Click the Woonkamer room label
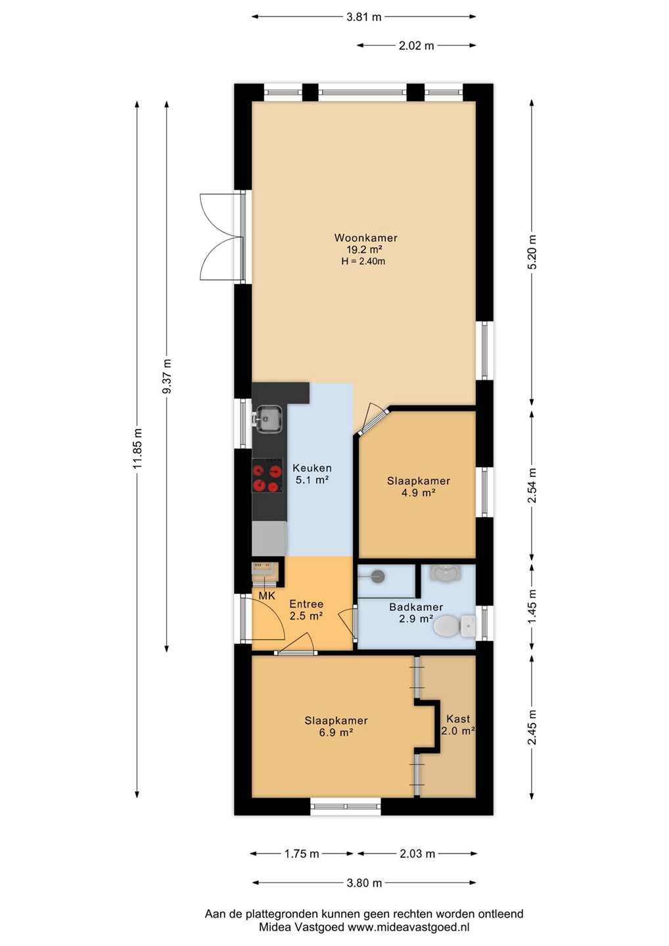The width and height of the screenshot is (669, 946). click(366, 238)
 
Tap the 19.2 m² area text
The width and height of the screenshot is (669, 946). click(364, 250)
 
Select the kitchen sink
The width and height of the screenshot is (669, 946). click(267, 418)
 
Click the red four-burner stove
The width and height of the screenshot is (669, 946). click(267, 476)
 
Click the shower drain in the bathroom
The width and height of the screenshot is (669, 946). click(378, 574)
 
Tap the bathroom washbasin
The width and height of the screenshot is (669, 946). click(445, 573)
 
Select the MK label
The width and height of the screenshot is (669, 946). click(267, 596)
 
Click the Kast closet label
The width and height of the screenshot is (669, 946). click(458, 719)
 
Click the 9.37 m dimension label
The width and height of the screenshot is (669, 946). click(167, 376)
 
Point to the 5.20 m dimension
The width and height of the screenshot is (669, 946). click(532, 252)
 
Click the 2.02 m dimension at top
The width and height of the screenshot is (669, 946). click(417, 45)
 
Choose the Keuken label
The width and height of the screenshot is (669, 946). click(312, 468)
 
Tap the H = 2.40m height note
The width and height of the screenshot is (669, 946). click(363, 261)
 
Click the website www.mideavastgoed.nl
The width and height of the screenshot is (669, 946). click(408, 928)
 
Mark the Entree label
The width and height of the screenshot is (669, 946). click(306, 604)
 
